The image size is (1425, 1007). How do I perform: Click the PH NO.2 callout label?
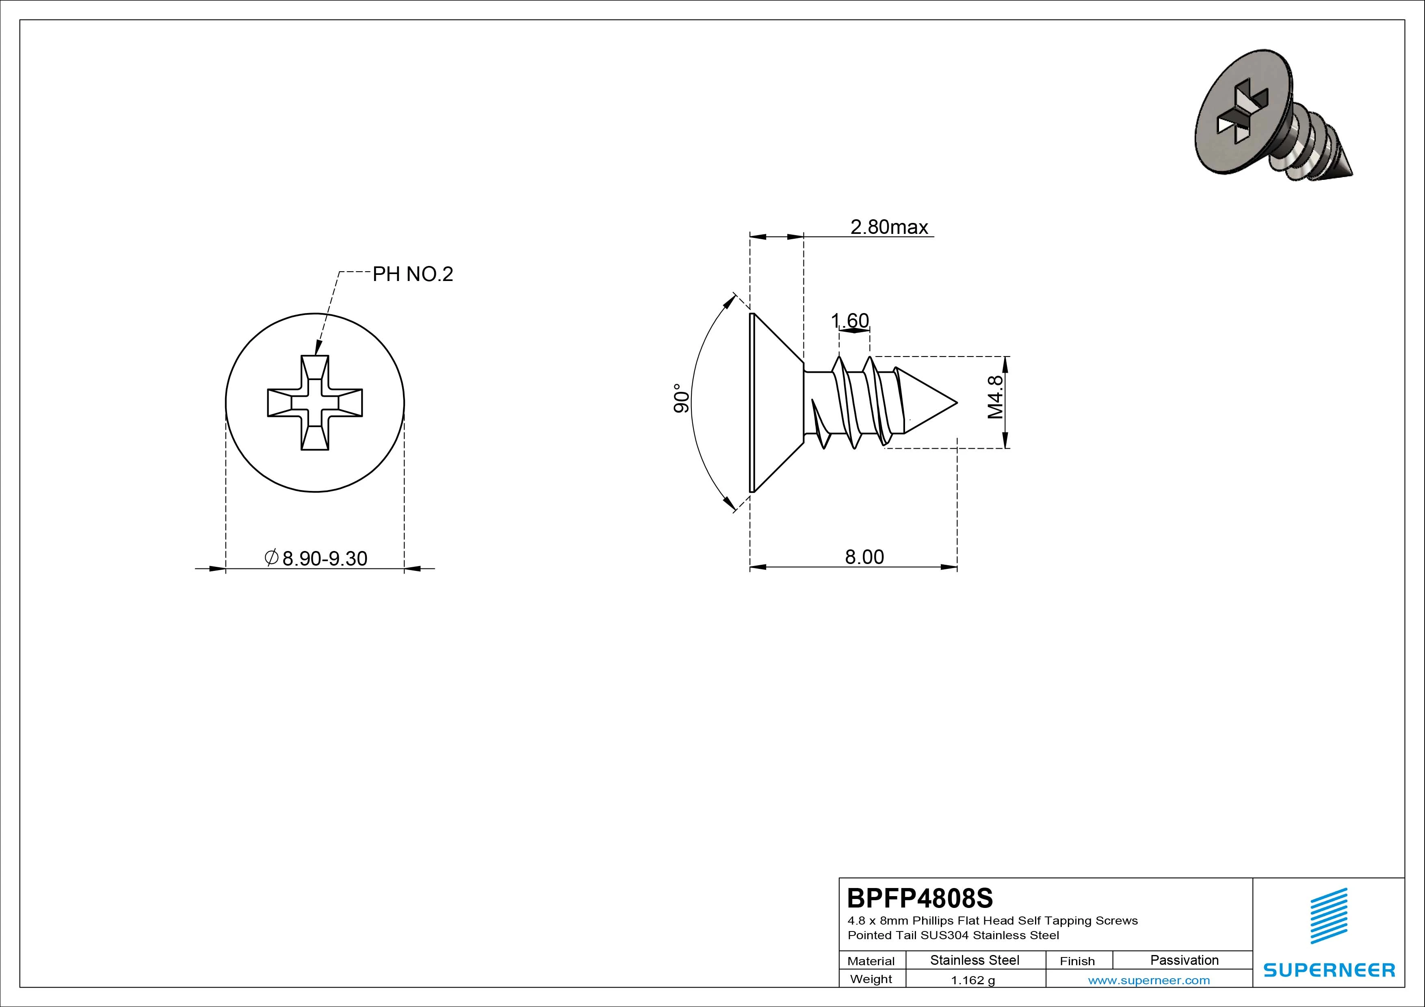click(x=413, y=274)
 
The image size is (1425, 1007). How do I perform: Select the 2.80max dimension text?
click(x=889, y=227)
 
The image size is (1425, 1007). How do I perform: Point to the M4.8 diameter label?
click(x=995, y=398)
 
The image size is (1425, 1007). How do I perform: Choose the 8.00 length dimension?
click(x=864, y=557)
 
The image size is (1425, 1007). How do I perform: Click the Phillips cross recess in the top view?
click(x=315, y=403)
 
